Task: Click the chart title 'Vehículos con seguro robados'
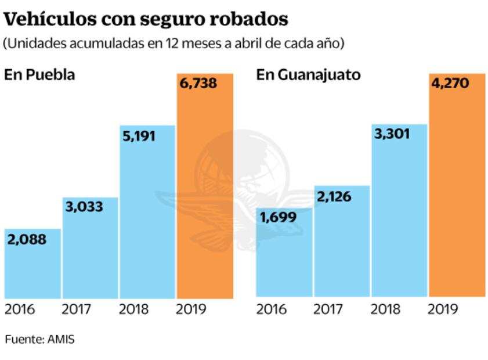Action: coord(146,19)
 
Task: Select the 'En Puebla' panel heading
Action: coord(39,75)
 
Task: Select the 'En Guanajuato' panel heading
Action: coord(308,75)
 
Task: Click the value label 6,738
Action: coord(198,84)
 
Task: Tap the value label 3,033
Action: coord(84,207)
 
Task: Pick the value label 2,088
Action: coord(27,239)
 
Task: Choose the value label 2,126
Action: coord(334,196)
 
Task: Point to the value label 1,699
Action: coord(279,218)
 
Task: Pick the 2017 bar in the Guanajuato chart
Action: coord(342,250)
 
